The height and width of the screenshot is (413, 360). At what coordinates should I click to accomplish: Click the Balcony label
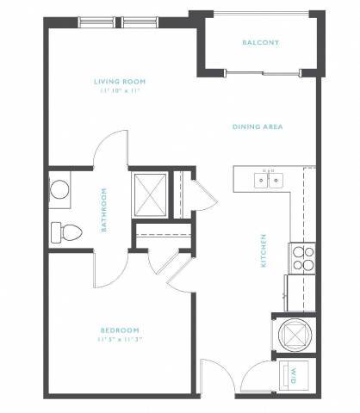(260, 42)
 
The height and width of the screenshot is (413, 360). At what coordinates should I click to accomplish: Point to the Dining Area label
(258, 126)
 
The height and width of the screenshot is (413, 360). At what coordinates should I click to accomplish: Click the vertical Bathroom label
(104, 211)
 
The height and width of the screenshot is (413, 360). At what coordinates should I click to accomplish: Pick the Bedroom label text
(119, 330)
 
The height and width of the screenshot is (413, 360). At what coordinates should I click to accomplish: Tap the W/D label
(291, 375)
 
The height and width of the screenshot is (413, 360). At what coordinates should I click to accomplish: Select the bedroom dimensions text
(119, 339)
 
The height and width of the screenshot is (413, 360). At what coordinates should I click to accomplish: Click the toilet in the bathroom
(65, 231)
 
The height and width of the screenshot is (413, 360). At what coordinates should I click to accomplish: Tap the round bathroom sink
(60, 189)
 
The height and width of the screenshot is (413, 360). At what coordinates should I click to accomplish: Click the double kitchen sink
(268, 180)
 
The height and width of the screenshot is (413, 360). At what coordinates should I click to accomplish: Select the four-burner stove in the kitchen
(302, 258)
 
